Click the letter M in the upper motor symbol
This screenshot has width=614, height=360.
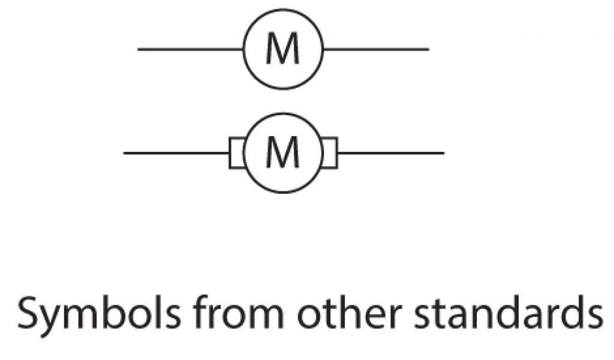[282, 49]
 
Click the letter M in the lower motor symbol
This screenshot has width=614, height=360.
[282, 153]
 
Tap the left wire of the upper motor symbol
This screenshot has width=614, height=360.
[190, 49]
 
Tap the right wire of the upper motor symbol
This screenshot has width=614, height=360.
[376, 49]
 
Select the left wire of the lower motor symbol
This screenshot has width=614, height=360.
[176, 153]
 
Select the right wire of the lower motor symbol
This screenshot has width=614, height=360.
[390, 153]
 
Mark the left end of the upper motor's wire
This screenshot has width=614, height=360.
[139, 49]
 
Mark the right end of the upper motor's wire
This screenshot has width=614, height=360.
[428, 49]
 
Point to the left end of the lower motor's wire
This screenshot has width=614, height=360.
[125, 153]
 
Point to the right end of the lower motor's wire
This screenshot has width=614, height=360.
[443, 153]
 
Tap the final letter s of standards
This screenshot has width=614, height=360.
[593, 316]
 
